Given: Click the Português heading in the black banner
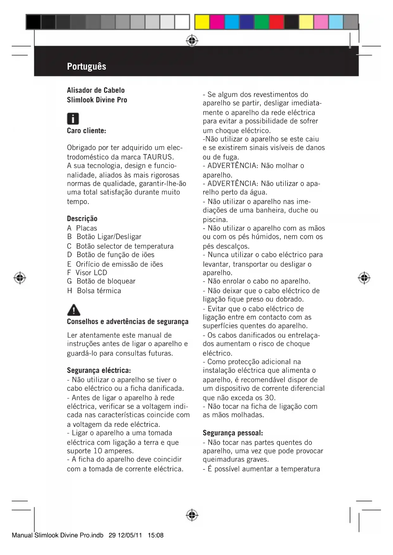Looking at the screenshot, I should point(86,66).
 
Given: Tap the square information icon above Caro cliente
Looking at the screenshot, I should point(73,119).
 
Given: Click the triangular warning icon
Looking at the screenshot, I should point(73,310).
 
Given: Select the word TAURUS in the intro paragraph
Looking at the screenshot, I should point(158,157).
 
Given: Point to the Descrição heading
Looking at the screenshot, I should point(82,219).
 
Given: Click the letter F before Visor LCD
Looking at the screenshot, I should point(69,273).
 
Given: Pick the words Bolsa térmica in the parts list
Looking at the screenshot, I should point(99,291).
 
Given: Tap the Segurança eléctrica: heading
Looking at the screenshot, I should point(99,371).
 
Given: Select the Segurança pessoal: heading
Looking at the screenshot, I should point(233,433).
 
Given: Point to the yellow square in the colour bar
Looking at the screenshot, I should point(202,22).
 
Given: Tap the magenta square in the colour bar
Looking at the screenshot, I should point(217,22).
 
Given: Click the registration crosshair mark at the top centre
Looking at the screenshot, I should point(192,41).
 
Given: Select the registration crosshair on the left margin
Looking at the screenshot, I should point(20,278).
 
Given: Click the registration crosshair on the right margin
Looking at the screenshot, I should point(364,278).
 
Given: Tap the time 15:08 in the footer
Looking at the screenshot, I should point(155,535).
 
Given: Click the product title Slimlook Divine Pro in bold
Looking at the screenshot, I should point(97,100).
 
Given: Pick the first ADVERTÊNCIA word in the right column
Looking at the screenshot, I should point(232,166).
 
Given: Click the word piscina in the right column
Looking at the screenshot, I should point(215,220).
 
